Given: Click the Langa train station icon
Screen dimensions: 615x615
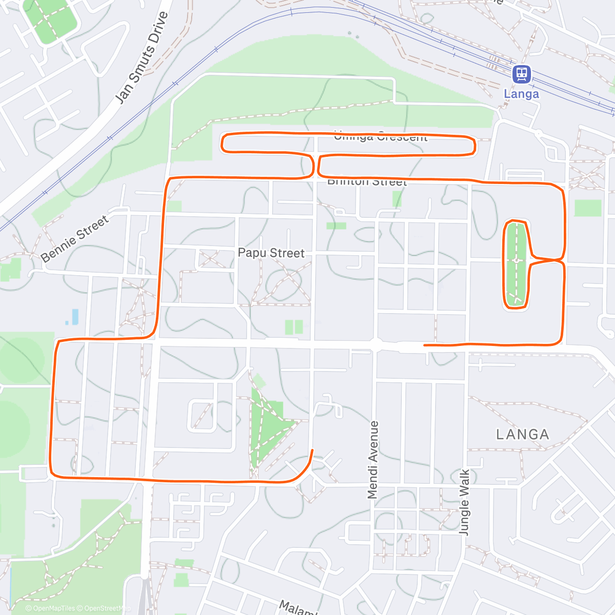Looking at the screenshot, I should tap(521, 74).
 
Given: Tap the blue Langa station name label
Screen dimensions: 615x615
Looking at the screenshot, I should tap(521, 94).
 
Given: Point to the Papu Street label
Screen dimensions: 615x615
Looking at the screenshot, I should tap(271, 253).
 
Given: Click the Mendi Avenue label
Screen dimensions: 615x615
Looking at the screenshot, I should tap(373, 460).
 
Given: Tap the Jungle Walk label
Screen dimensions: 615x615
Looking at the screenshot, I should tap(464, 502).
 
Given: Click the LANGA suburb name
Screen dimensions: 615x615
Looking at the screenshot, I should tap(523, 435).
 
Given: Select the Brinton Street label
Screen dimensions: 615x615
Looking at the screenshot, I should tap(367, 182).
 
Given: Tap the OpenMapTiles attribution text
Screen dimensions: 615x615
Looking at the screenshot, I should tap(53, 608).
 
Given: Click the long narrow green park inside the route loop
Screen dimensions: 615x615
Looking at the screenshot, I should tap(516, 264).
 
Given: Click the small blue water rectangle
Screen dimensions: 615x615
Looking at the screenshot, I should tap(75, 316).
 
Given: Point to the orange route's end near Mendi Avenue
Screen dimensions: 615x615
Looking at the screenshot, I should tap(425, 345).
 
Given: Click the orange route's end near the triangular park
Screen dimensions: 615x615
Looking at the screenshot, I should tap(312, 450).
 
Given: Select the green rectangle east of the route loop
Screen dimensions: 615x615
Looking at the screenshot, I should tap(587, 208).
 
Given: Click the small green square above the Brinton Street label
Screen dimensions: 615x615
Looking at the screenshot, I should tap(397, 198).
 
